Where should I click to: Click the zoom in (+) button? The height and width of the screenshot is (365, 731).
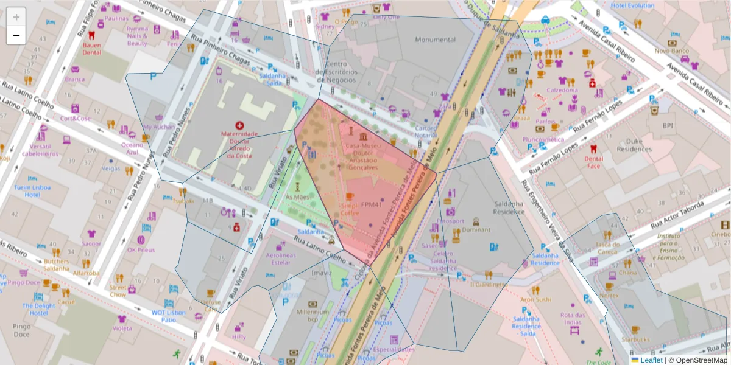pyautogui.click(x=16, y=17)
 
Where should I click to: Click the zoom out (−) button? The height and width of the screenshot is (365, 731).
pyautogui.click(x=16, y=36)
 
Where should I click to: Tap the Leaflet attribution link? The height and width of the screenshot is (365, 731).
pyautogui.click(x=651, y=360)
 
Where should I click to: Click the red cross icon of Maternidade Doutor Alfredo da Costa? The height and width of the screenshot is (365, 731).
pyautogui.click(x=239, y=125)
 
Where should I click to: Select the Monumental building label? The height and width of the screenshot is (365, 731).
pyautogui.click(x=435, y=40)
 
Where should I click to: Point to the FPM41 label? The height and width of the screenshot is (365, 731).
pyautogui.click(x=371, y=204)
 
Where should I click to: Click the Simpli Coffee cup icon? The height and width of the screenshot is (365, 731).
pyautogui.click(x=350, y=196)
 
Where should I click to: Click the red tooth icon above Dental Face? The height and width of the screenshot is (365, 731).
pyautogui.click(x=593, y=148)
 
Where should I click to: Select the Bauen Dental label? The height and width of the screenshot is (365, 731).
pyautogui.click(x=91, y=48)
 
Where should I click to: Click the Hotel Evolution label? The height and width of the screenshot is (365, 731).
pyautogui.click(x=633, y=5)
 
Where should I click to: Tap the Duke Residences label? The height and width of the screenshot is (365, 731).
pyautogui.click(x=634, y=145)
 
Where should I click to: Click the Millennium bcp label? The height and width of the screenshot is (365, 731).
pyautogui.click(x=313, y=315)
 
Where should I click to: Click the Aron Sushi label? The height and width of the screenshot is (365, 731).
pyautogui.click(x=535, y=299)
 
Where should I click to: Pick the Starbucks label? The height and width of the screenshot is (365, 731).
pyautogui.click(x=635, y=339)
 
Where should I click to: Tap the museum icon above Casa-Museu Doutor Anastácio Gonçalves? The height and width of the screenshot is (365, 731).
pyautogui.click(x=363, y=136)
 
